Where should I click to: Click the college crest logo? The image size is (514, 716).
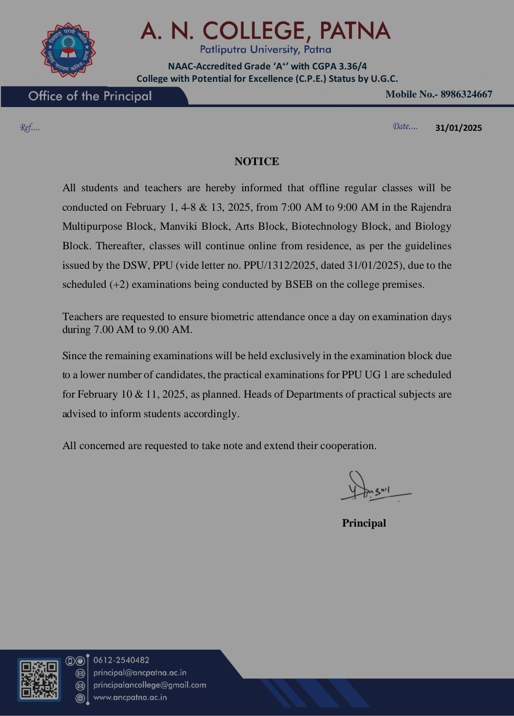[x=68, y=50]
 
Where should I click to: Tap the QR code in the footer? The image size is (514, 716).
[x=39, y=679]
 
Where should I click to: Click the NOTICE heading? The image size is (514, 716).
[x=257, y=161]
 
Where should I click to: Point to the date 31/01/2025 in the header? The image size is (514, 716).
[x=458, y=128]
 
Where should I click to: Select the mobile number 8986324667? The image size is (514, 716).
[x=466, y=94]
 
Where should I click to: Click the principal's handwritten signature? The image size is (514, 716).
[x=374, y=488]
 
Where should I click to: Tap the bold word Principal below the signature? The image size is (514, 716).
[x=364, y=523]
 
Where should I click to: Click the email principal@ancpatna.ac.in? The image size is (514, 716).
[x=139, y=673]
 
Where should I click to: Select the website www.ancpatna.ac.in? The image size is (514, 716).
[x=130, y=697]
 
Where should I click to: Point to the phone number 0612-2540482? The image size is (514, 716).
[x=121, y=660]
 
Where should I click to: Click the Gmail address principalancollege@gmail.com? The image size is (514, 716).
[x=149, y=685]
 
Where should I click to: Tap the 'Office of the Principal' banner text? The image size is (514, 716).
[x=90, y=96]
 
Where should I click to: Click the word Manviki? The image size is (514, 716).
[x=178, y=226]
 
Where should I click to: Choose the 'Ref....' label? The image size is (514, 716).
[x=30, y=128]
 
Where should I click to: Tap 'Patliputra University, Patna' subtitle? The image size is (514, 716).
[x=265, y=49]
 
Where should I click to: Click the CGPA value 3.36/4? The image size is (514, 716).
[x=353, y=66]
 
